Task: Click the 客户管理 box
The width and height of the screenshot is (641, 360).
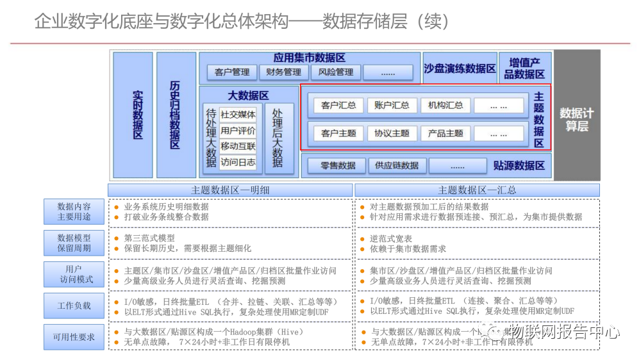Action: pos(232,72)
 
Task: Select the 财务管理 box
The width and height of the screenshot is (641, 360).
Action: pos(283,72)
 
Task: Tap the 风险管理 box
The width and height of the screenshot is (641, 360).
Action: pos(335,72)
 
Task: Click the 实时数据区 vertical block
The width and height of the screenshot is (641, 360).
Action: pos(133,115)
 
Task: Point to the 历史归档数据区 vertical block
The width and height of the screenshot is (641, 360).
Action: pos(176,115)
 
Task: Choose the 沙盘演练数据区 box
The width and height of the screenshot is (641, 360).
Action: pos(460,69)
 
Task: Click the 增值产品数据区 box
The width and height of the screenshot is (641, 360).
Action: pos(524,69)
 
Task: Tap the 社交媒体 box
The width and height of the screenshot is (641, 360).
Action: pos(238,115)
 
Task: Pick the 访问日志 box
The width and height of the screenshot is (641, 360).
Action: pos(238,163)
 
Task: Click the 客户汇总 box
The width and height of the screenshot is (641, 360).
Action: pos(338,105)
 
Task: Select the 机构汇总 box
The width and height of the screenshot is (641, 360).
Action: pos(445,105)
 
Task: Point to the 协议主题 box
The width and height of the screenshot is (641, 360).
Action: pos(392,133)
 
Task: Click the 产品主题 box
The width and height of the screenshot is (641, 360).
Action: pos(445,133)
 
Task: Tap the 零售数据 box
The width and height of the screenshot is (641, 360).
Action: pos(338,165)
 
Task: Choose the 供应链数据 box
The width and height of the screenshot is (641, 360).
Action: pos(397,165)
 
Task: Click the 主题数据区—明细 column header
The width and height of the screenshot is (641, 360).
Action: pos(230,190)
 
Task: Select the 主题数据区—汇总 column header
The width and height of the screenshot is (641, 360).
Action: pos(477,190)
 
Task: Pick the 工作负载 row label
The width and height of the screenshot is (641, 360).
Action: pos(74,306)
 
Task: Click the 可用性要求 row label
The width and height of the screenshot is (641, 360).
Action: pos(74,337)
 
